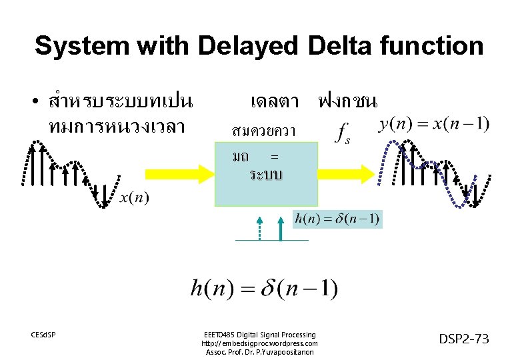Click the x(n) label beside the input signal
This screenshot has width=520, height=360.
135,197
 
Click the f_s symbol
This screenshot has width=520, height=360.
343,132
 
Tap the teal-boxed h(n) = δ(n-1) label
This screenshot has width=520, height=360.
338,219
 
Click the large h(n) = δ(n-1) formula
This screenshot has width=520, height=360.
264,288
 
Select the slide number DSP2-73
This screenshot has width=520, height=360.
464,339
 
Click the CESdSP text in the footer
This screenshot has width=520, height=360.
43,333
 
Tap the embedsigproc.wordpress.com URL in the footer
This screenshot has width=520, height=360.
259,343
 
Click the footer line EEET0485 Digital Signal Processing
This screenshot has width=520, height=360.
259,334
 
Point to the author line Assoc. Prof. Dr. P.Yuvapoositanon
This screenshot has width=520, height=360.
259,351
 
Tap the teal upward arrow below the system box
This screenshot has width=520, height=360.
281,227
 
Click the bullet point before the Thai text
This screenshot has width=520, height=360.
33,103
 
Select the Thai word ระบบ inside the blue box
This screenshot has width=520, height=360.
266,175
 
